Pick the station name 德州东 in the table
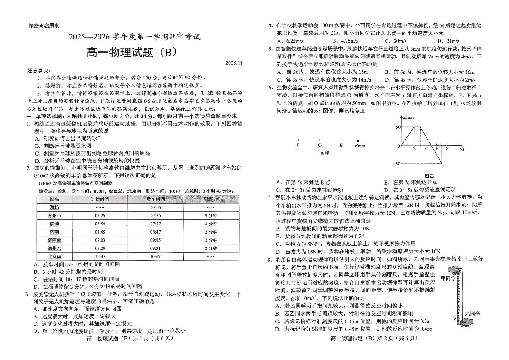click(x=55, y=248)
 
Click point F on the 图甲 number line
click(x=298, y=146)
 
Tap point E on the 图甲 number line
click(x=341, y=146)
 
